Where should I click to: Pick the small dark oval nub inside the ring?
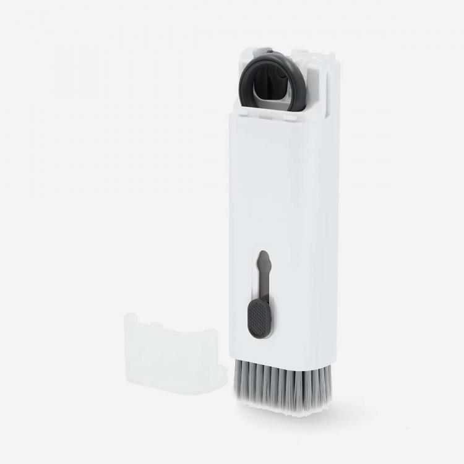click(281, 72)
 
